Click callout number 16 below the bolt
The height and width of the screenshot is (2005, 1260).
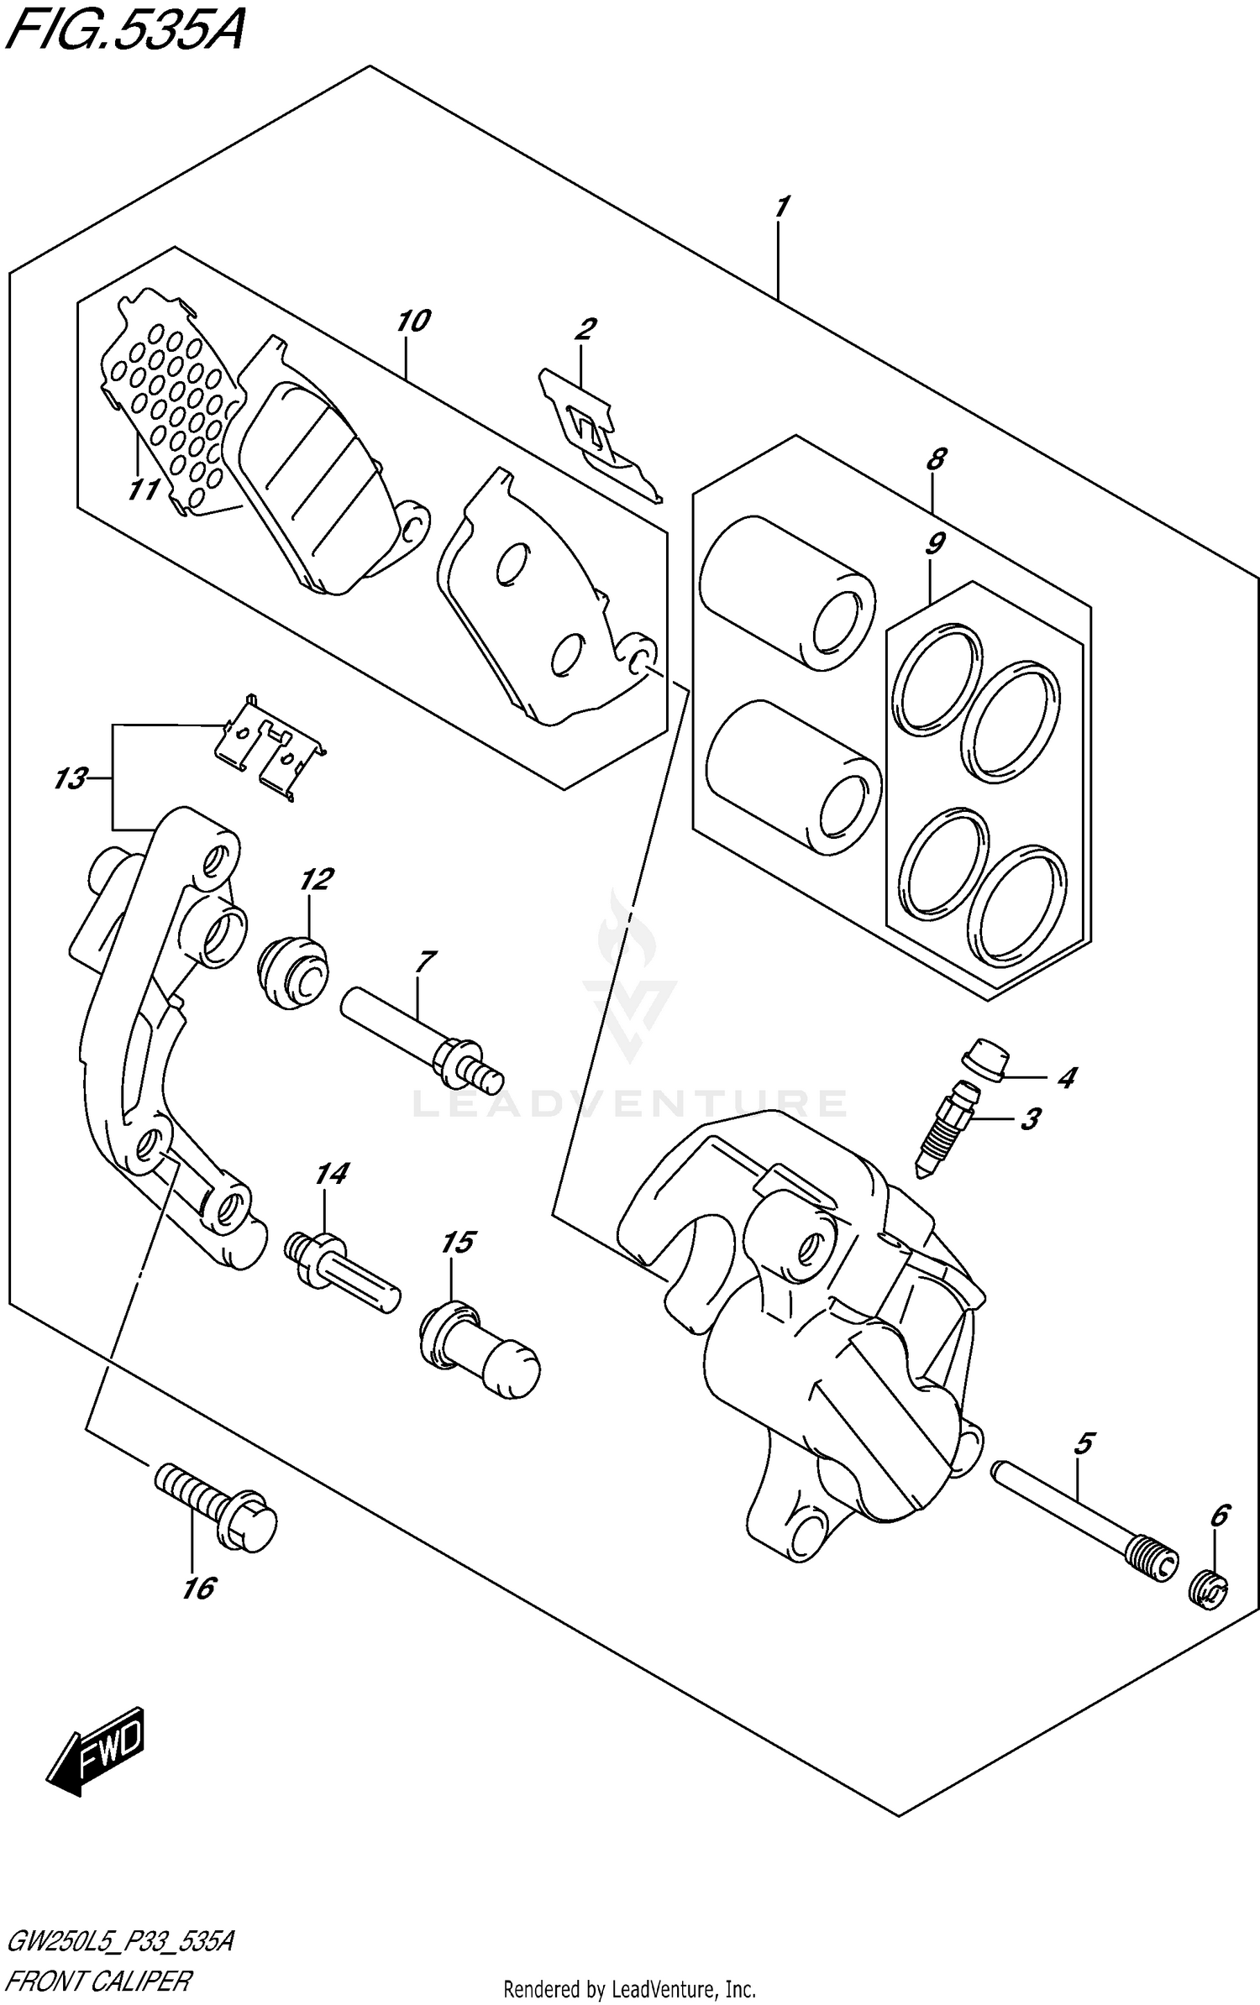click(x=199, y=1588)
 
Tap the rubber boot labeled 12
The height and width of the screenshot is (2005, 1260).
click(x=292, y=973)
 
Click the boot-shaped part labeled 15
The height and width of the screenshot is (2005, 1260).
click(x=479, y=1349)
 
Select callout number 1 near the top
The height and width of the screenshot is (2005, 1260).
click(x=781, y=206)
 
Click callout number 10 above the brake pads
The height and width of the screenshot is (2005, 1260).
click(x=412, y=321)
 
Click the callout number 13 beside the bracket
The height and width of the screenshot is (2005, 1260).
click(x=71, y=778)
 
